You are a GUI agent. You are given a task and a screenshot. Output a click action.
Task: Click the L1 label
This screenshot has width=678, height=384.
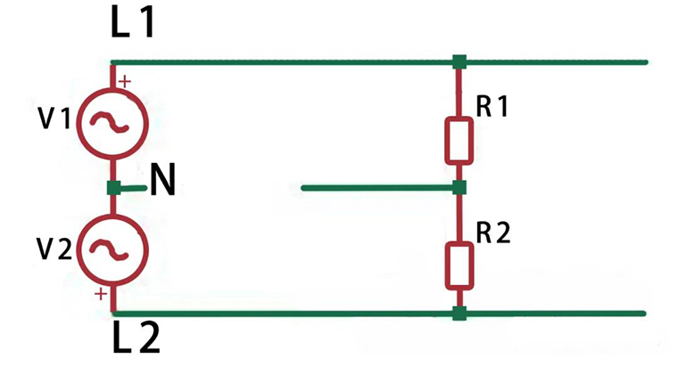pos(132,24)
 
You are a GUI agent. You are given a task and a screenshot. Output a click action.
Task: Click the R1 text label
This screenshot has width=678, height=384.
pos(492,107)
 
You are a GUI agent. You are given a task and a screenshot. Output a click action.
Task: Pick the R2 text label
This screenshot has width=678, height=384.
pos(492,233)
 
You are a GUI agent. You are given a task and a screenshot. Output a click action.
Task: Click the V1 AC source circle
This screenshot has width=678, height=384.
pos(114,123)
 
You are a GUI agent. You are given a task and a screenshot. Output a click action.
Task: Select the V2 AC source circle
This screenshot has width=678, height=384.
pos(114,250)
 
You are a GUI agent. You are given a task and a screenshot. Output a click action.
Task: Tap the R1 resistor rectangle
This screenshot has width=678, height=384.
pos(459,140)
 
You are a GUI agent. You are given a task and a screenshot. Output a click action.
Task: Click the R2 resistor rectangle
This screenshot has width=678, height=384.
pos(459,266)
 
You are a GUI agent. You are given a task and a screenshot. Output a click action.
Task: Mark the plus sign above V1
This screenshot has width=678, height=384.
pos(124,82)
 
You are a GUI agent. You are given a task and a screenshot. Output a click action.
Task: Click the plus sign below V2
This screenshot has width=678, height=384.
pos(101,293)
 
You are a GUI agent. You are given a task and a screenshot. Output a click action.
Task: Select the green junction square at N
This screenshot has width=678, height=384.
pos(113,188)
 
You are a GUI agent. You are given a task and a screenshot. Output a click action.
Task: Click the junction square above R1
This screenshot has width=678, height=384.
pos(459,61)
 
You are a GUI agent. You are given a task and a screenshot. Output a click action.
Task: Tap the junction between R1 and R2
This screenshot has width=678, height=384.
pos(459,188)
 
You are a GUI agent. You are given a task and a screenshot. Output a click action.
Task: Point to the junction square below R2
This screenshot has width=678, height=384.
pos(459,313)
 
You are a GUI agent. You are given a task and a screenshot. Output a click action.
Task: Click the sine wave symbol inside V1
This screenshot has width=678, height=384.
pos(114,123)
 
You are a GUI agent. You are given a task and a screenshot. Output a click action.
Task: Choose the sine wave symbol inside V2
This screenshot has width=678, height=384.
pos(114,250)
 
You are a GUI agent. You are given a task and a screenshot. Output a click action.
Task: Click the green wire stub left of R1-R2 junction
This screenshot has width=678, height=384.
pos(375,188)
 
